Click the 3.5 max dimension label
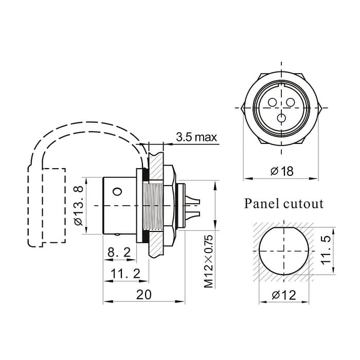pos(196,137)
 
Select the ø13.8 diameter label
pos(79,206)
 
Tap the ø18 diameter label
pos(281,171)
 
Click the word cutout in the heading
pos(303,204)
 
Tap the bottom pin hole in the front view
pos(281,118)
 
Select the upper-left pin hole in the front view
pos(272,102)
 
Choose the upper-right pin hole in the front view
pos(291,102)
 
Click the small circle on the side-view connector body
pos(118,192)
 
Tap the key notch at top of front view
pos(281,84)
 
